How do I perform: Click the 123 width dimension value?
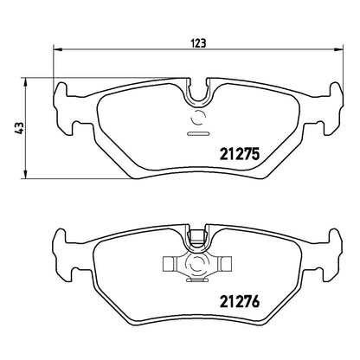coord(199,43)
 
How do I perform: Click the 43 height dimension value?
coord(20,128)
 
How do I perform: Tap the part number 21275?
coord(240,154)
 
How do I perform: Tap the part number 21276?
coord(240,302)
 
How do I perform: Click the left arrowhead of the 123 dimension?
coord(58,49)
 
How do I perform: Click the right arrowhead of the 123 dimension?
coord(339,49)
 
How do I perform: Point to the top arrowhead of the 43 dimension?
coord(25,82)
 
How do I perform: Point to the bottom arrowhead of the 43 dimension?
coord(25,174)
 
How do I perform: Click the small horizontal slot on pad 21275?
coord(198,133)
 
